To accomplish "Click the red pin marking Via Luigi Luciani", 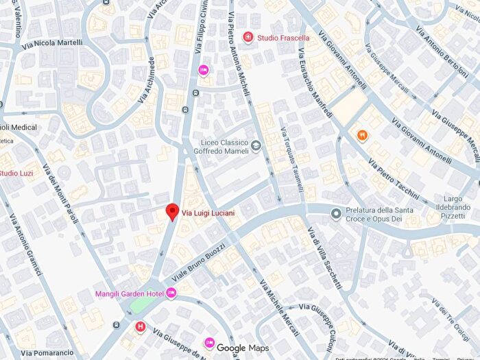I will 173,212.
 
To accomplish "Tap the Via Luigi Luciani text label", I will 208,213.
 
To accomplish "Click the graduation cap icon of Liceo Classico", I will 255,145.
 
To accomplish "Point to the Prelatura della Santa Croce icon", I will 336,214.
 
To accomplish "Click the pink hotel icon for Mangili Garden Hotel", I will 171,293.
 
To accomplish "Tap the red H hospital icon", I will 141,326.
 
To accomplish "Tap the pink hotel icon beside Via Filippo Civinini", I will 203,69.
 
